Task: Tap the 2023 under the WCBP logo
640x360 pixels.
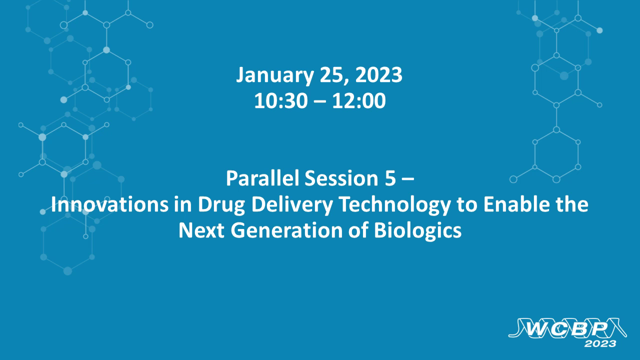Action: pos(600,343)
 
